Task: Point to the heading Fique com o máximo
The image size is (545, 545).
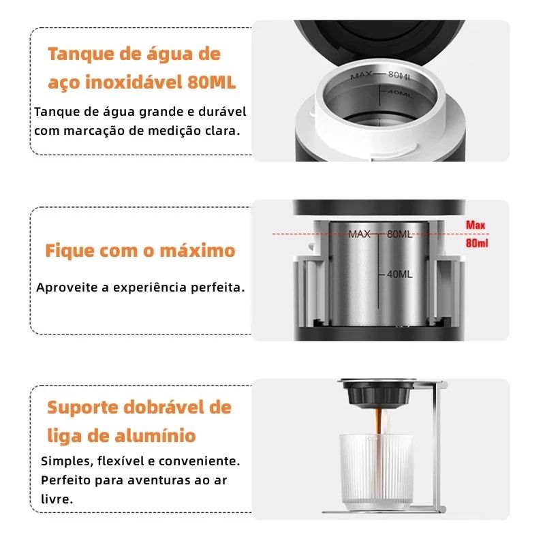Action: (x=140, y=250)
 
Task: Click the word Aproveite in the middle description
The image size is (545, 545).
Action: (x=65, y=287)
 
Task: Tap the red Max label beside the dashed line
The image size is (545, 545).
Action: (x=476, y=225)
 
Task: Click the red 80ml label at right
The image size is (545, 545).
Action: (x=477, y=243)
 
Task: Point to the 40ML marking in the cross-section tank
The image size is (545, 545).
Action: (x=399, y=275)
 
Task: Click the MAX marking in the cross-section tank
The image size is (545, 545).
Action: (x=359, y=234)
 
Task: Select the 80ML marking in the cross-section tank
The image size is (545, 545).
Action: (x=399, y=234)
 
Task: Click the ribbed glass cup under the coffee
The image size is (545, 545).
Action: (x=376, y=470)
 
